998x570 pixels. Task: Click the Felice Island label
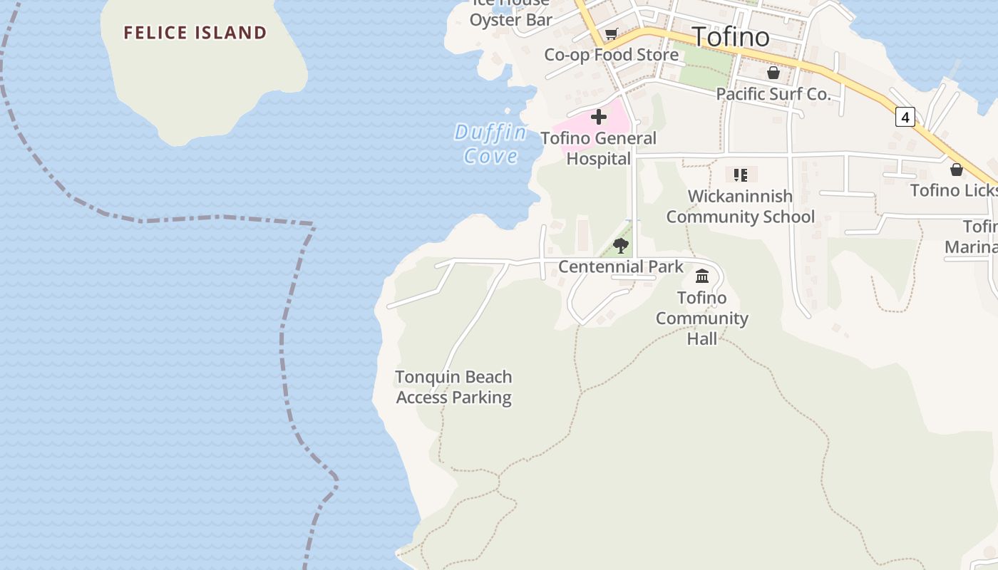pos(195,33)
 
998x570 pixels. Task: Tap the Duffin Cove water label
pos(491,144)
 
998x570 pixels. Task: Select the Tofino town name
pos(731,36)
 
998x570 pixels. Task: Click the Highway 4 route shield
pos(905,117)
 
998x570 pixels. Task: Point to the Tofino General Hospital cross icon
pos(599,117)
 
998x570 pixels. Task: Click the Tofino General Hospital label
pos(599,148)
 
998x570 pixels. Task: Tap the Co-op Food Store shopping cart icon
pos(611,33)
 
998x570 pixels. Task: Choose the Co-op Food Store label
pos(611,55)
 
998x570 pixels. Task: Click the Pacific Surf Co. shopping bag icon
pos(773,73)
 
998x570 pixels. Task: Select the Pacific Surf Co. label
pos(773,94)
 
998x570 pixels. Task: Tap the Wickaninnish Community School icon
pos(741,175)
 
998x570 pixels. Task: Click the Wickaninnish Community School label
pos(740,207)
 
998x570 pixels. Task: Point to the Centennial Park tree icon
pos(621,246)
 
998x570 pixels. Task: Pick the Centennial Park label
pos(621,267)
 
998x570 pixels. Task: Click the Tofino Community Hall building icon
pos(702,276)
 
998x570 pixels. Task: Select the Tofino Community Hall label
pos(702,318)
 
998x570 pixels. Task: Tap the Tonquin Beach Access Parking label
pos(454,387)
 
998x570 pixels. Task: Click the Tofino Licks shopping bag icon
pos(957,170)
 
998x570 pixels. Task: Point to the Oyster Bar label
pos(511,19)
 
